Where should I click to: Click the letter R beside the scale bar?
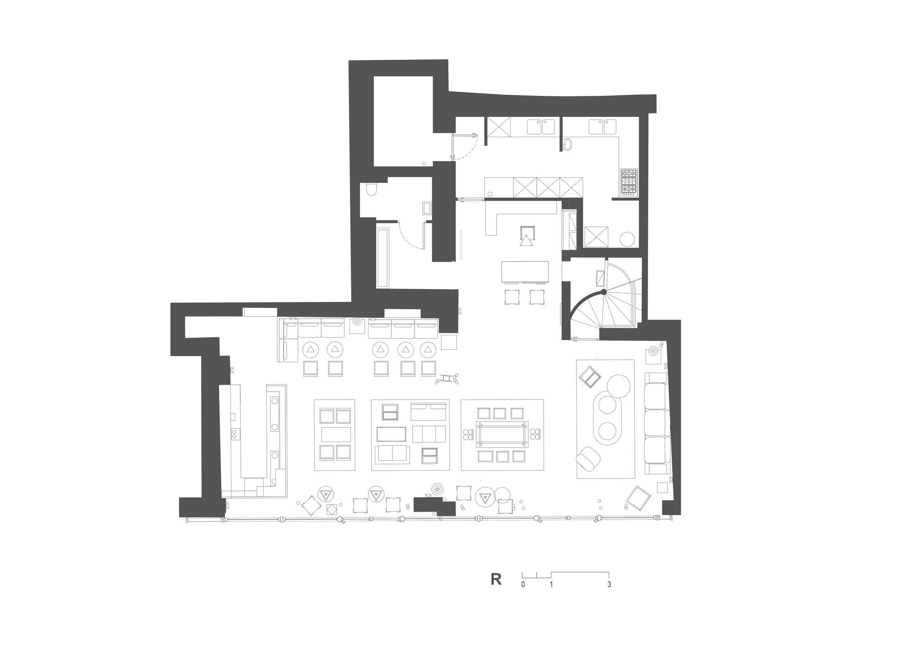496,579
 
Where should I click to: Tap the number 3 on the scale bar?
609,584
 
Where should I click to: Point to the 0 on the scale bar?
523,584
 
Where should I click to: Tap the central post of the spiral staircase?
603,291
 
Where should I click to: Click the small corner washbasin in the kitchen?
568,144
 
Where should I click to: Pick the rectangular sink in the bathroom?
427,208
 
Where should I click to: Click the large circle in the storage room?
627,239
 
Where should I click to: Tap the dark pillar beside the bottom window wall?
433,505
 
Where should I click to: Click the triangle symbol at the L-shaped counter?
527,240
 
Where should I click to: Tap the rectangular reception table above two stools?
525,271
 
